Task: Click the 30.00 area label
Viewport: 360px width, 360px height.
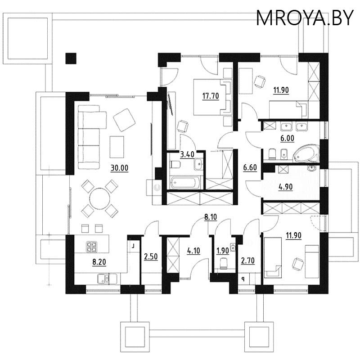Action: click(x=119, y=168)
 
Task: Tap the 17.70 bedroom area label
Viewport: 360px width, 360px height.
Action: click(x=211, y=96)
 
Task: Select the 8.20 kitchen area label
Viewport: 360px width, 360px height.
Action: click(x=99, y=262)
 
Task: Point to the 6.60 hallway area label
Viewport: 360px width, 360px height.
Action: click(x=250, y=167)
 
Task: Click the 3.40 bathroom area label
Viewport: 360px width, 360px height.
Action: click(x=187, y=154)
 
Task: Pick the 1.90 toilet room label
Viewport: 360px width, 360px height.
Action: click(x=223, y=251)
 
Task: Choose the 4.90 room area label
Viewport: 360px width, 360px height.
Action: click(x=286, y=187)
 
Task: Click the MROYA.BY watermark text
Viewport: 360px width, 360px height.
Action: click(x=305, y=18)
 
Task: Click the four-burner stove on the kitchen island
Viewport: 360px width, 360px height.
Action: click(x=92, y=247)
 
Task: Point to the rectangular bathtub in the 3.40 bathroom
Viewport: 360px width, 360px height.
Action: click(x=185, y=183)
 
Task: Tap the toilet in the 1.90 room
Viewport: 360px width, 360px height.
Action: click(x=223, y=264)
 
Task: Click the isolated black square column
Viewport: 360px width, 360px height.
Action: click(x=71, y=58)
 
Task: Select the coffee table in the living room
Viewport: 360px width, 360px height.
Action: click(x=117, y=147)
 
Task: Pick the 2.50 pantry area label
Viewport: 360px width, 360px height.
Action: click(x=151, y=256)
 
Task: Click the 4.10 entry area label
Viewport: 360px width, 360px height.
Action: click(x=193, y=251)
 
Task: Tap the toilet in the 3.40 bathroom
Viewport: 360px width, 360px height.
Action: click(x=175, y=164)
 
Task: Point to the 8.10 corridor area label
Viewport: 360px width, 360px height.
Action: click(x=211, y=217)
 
